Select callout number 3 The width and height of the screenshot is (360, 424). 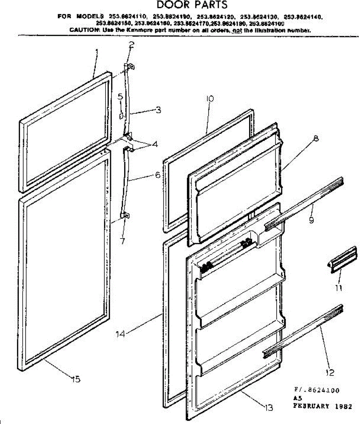158,110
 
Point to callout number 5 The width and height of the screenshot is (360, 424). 120,96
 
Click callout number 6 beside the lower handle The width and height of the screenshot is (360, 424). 158,175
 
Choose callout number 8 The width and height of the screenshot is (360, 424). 316,139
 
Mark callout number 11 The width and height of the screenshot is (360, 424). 339,288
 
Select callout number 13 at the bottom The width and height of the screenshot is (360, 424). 269,408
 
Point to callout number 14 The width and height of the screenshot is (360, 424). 120,333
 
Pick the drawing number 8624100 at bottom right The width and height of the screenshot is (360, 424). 322,390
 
